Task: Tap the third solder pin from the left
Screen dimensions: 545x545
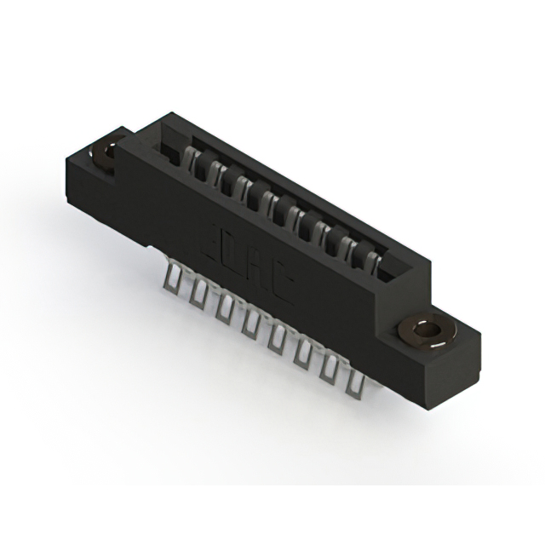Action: point(223,308)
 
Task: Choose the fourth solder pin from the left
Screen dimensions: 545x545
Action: point(250,324)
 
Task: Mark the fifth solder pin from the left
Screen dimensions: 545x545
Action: point(276,339)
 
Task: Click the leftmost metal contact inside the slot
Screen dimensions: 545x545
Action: point(193,161)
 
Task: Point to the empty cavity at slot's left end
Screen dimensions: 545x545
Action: point(167,149)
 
